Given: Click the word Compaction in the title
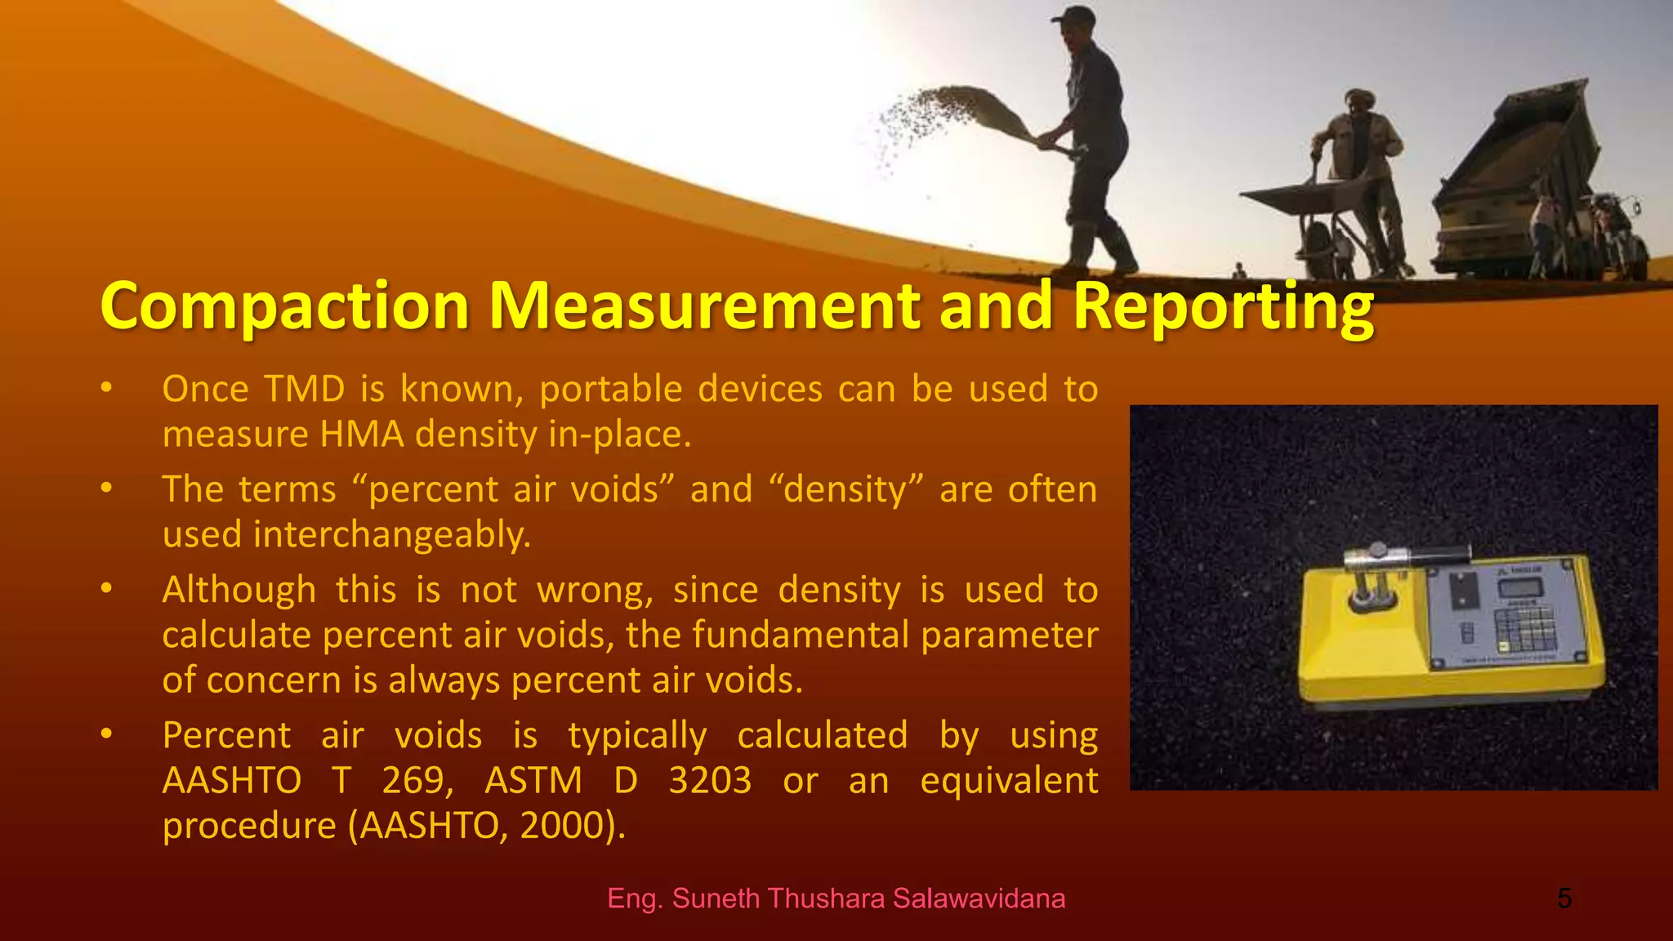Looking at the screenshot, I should [x=284, y=306].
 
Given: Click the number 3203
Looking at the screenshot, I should [x=710, y=780].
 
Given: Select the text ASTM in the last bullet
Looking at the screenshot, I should [x=533, y=780].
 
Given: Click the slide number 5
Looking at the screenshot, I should [x=1564, y=899].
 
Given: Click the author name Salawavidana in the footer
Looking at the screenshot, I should [x=979, y=899].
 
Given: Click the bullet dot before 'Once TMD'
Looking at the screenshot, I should [x=106, y=388].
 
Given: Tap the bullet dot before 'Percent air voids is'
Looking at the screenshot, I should [x=106, y=734].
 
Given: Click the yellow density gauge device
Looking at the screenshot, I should [x=1446, y=629].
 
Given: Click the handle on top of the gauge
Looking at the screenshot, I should [x=1405, y=557].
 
